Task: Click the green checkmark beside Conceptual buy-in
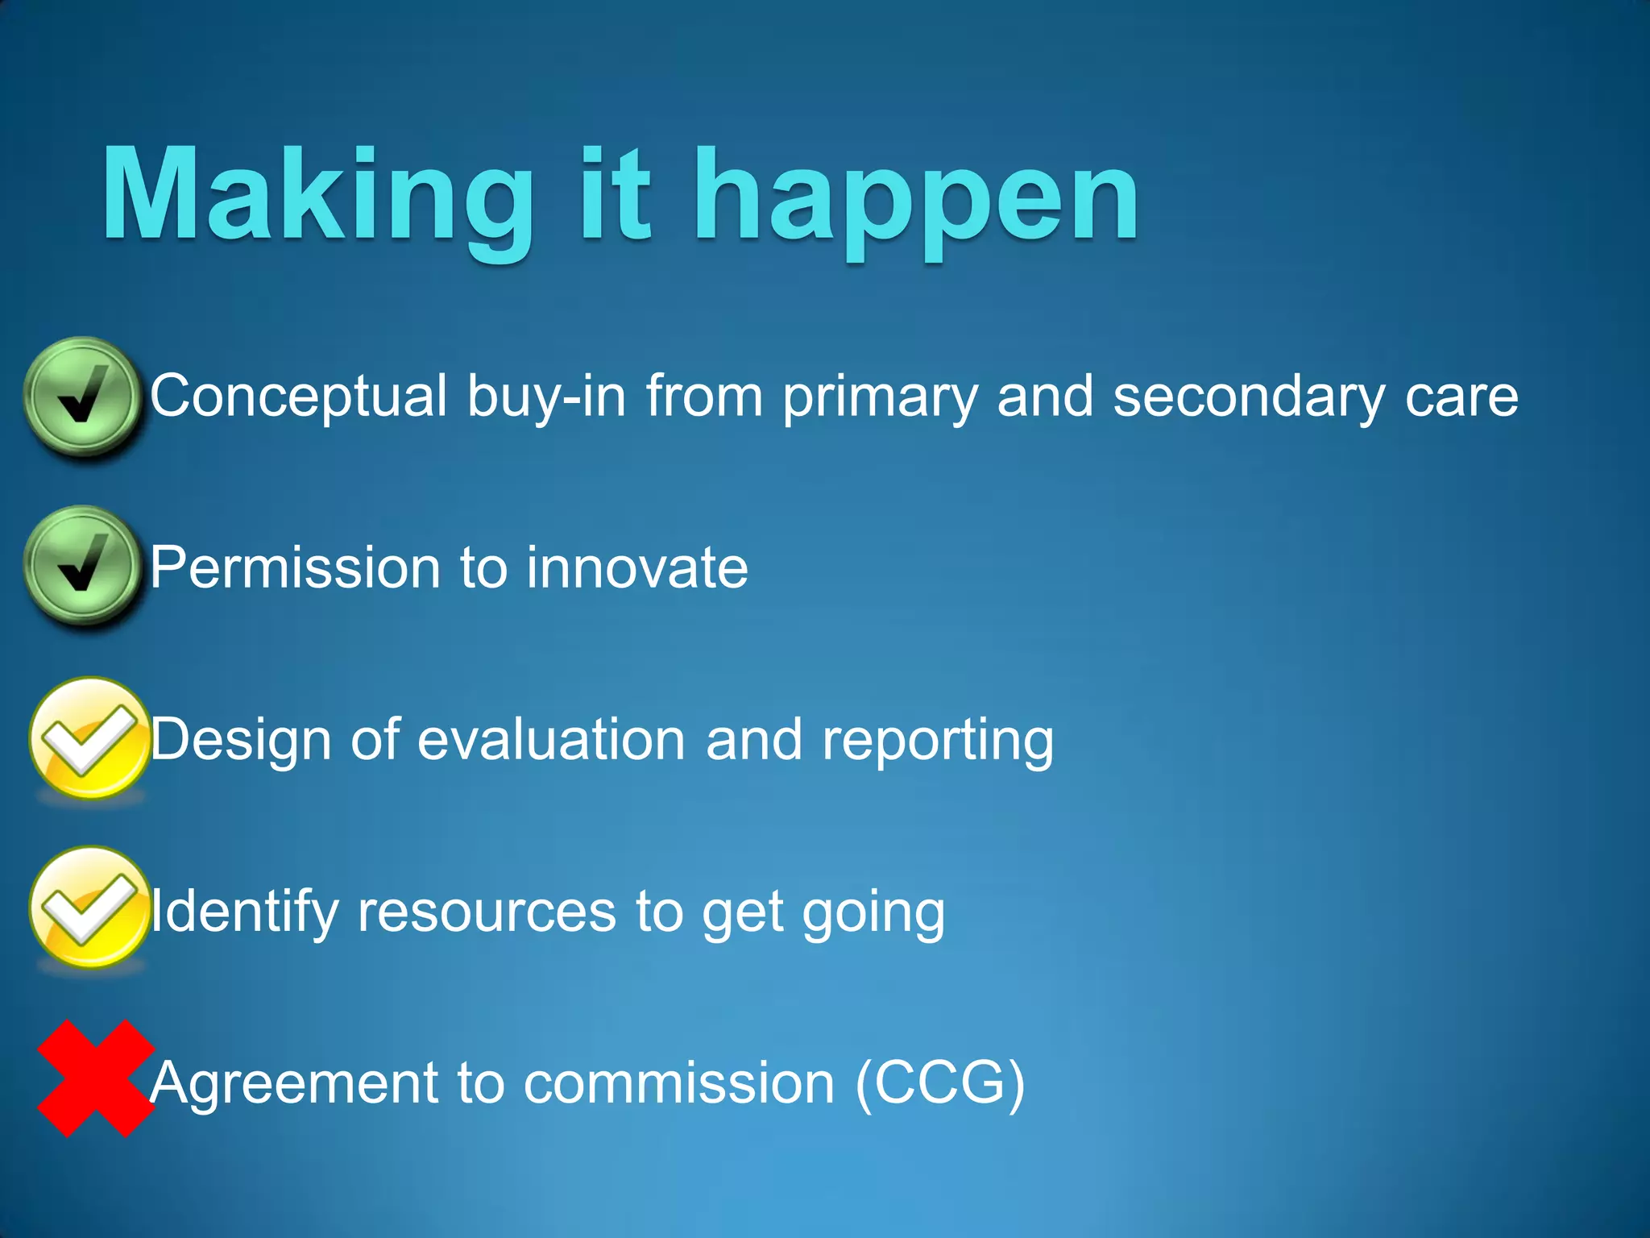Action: click(x=82, y=397)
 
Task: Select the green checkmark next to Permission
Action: click(x=82, y=566)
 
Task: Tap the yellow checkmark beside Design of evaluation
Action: click(x=89, y=738)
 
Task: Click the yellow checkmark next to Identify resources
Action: click(x=89, y=908)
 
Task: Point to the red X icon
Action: click(x=96, y=1078)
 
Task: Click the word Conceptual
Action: click(x=298, y=397)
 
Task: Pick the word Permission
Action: click(x=294, y=568)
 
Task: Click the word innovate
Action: click(x=636, y=568)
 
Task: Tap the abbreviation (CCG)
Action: click(x=939, y=1082)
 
